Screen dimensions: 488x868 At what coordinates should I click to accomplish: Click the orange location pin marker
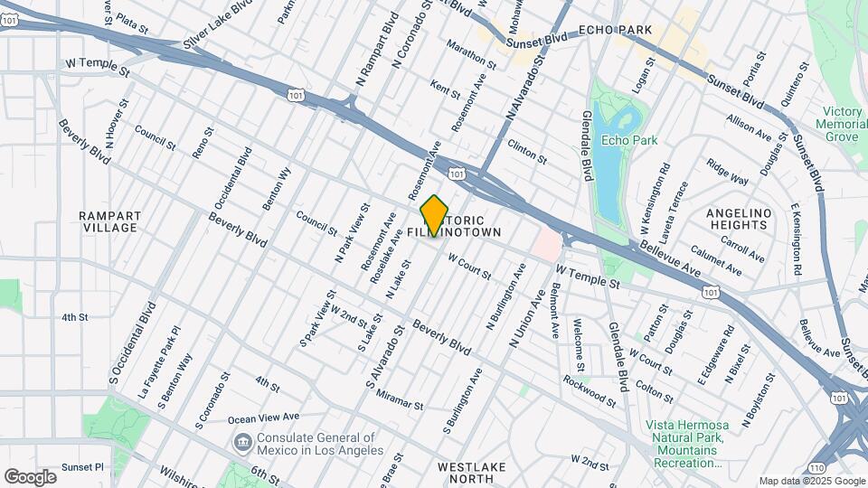(x=435, y=216)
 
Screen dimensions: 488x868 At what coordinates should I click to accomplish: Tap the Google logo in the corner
(x=30, y=476)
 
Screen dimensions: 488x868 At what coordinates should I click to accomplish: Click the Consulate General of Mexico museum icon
(x=243, y=442)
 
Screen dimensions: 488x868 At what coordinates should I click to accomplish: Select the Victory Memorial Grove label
(x=840, y=124)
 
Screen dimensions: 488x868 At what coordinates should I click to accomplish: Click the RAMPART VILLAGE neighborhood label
(x=108, y=221)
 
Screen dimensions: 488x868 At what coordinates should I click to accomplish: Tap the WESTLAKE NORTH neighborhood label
(x=472, y=474)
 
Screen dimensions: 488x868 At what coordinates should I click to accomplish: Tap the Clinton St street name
(x=527, y=151)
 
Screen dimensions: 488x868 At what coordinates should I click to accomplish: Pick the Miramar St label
(x=399, y=401)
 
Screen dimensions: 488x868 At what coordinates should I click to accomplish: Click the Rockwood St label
(x=589, y=389)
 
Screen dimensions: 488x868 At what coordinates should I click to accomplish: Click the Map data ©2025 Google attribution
(x=810, y=481)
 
